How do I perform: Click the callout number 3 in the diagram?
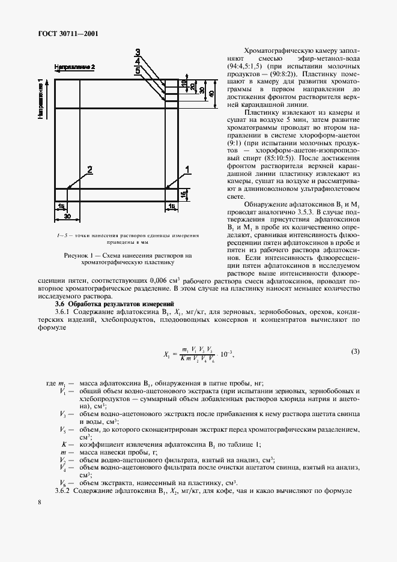pyautogui.click(x=138, y=52)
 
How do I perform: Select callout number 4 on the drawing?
pyautogui.click(x=138, y=61)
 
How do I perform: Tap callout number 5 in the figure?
pyautogui.click(x=138, y=71)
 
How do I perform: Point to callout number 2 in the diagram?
pyautogui.click(x=91, y=170)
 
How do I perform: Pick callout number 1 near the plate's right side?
pyautogui.click(x=188, y=170)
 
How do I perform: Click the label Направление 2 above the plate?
pyautogui.click(x=75, y=67)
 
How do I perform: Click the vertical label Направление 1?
pyautogui.click(x=41, y=98)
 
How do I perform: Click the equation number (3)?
pyautogui.click(x=356, y=351)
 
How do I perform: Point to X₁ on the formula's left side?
pyautogui.click(x=167, y=354)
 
